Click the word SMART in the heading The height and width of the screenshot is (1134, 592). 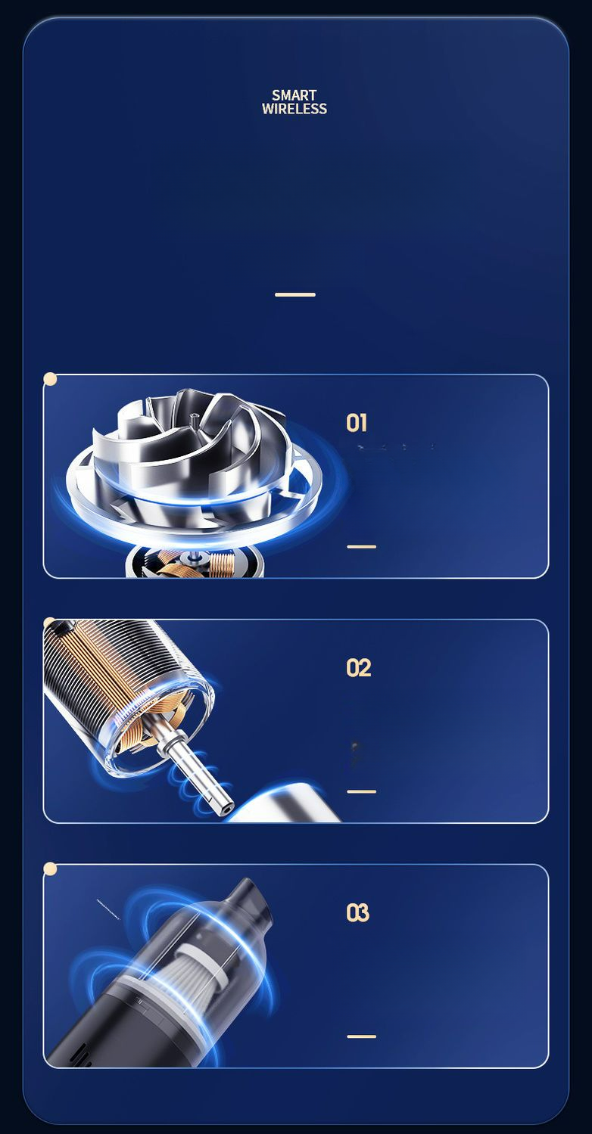294,95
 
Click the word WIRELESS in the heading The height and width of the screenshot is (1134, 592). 294,109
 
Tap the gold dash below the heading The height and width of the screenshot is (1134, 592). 295,294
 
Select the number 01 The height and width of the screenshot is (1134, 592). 357,423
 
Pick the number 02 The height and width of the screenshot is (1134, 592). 359,668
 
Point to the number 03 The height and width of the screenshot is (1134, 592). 357,913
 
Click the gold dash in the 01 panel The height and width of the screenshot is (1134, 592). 362,547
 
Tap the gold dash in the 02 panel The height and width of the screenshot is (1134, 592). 362,792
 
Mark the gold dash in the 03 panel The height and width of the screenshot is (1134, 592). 362,1036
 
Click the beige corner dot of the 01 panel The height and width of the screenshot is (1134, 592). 50,379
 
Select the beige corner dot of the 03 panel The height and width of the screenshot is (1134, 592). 50,868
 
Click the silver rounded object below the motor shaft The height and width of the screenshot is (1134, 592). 288,803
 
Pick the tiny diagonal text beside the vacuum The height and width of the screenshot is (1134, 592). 108,909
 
